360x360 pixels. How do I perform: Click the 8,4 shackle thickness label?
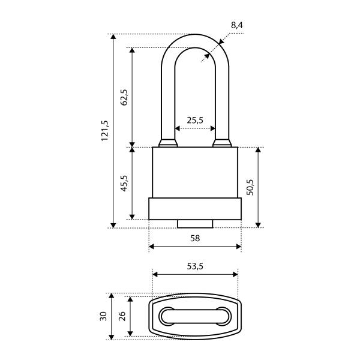pyautogui.click(x=237, y=25)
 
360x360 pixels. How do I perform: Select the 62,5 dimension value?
pyautogui.click(x=124, y=97)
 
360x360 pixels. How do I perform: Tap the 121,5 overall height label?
pyautogui.click(x=104, y=130)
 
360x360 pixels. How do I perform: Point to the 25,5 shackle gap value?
pyautogui.click(x=195, y=120)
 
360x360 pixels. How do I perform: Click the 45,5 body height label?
pyautogui.click(x=124, y=183)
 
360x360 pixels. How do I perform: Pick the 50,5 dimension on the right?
pyautogui.click(x=250, y=187)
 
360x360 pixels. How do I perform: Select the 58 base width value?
pyautogui.click(x=195, y=238)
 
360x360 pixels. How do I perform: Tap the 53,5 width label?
pyautogui.click(x=195, y=266)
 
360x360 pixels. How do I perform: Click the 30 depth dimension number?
pyautogui.click(x=103, y=316)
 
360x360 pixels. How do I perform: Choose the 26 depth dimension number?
pyautogui.click(x=122, y=316)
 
